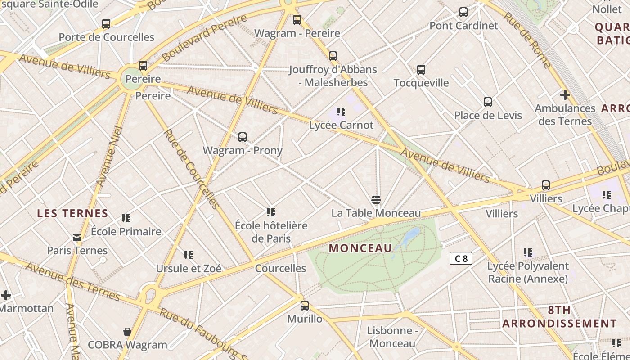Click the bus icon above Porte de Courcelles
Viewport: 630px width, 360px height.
(x=106, y=24)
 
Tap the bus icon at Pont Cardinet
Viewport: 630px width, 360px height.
(x=463, y=12)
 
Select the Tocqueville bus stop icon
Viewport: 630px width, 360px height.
(x=421, y=70)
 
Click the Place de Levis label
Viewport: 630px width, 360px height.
(x=488, y=115)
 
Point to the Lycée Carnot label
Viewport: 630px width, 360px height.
(x=341, y=125)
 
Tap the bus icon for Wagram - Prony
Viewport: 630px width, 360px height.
(x=243, y=137)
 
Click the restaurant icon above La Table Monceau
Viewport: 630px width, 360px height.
(x=376, y=200)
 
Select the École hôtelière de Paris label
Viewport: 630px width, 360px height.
(x=271, y=232)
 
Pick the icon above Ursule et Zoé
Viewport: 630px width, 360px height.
(x=189, y=255)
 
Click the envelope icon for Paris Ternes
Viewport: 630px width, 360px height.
(x=77, y=237)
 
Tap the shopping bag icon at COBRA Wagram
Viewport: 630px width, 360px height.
(x=127, y=332)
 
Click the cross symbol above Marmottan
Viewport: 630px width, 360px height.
(x=6, y=295)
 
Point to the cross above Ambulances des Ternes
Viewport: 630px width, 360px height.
(x=565, y=95)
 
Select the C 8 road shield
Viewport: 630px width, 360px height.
(x=461, y=258)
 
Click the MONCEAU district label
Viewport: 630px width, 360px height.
(x=360, y=248)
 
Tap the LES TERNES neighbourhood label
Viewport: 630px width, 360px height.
(x=73, y=213)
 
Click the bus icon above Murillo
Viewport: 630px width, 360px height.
(x=305, y=306)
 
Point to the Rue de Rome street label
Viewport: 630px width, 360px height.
(x=527, y=40)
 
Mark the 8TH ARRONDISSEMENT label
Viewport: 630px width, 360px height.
(x=559, y=317)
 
